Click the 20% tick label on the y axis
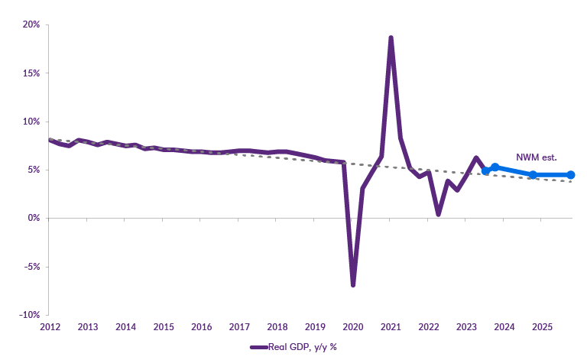[31, 24]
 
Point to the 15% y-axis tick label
[31, 73]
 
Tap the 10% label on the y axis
[31, 122]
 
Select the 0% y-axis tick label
[33, 218]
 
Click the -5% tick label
[31, 267]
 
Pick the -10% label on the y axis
[29, 315]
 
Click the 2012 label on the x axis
[50, 327]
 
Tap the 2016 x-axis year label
[201, 327]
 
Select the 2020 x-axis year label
[352, 327]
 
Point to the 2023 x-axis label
[466, 327]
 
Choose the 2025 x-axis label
[542, 327]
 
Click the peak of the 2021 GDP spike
[391, 37]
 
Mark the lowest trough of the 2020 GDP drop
[353, 285]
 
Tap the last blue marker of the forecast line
[570, 175]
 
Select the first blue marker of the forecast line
[485, 170]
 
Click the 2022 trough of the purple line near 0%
[438, 214]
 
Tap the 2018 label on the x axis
[277, 327]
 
